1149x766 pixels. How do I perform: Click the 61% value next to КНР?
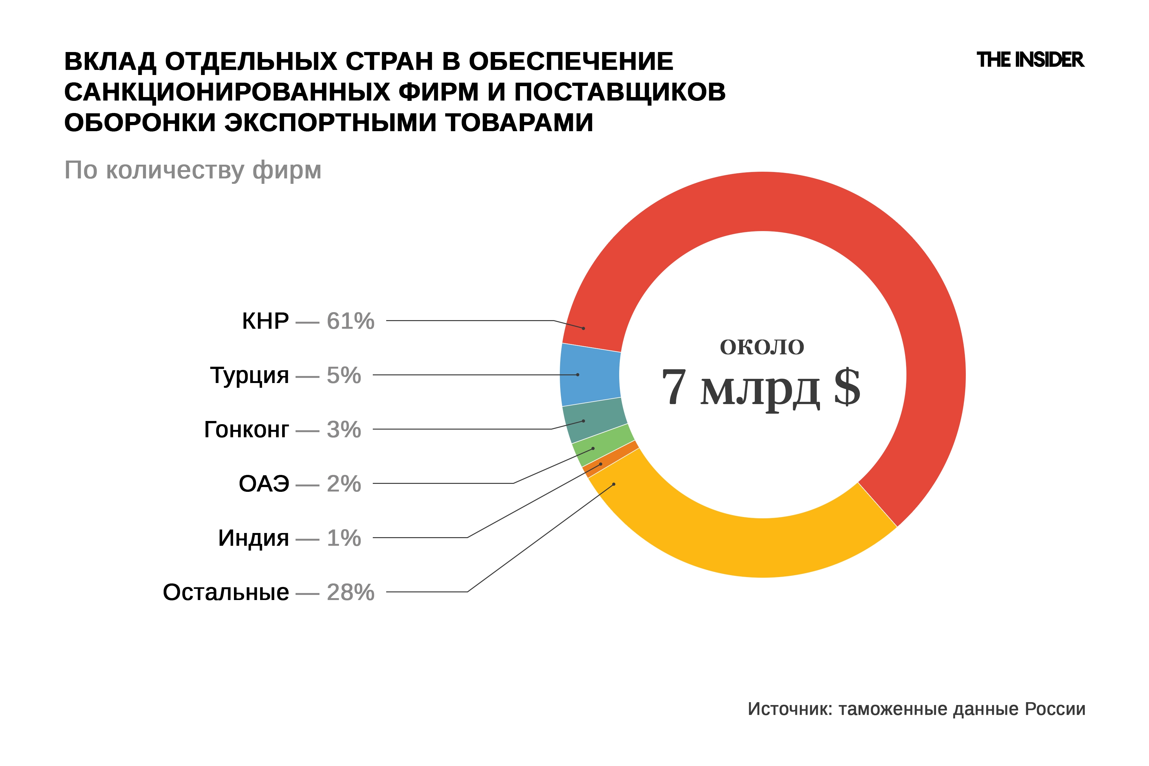point(350,321)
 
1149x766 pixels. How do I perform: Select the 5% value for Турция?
point(343,376)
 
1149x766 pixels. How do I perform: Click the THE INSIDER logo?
point(1030,60)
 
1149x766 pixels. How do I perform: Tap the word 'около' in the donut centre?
point(762,347)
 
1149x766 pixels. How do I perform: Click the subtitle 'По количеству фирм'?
point(193,170)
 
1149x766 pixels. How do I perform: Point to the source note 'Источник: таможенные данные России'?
point(916,709)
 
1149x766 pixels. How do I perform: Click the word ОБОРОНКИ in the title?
point(140,122)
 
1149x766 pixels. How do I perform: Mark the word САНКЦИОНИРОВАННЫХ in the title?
point(227,92)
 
